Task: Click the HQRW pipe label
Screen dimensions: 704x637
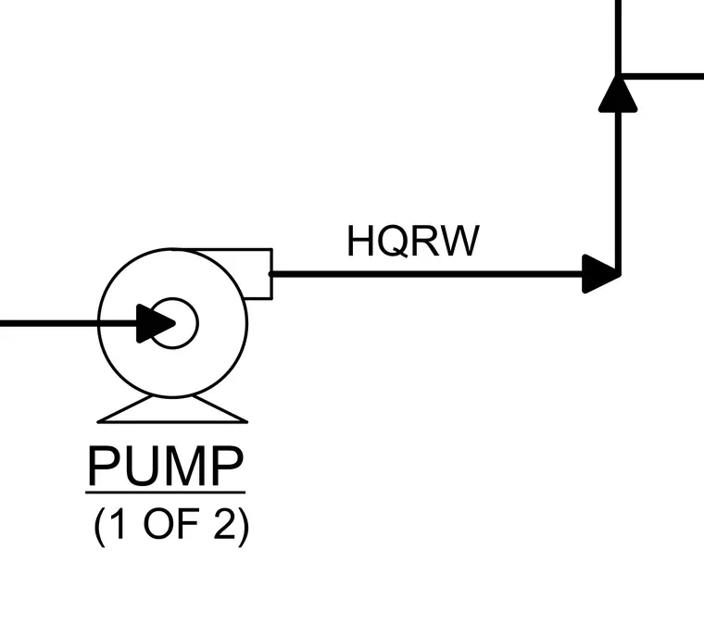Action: click(413, 241)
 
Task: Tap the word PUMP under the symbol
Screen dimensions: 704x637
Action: click(166, 466)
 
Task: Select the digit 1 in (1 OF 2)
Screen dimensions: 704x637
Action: click(118, 524)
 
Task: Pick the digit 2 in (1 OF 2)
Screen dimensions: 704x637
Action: click(224, 524)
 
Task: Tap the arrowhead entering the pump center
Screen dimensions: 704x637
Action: click(156, 323)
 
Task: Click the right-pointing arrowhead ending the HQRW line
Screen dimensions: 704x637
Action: click(601, 274)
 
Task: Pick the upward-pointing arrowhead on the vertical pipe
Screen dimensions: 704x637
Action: click(618, 94)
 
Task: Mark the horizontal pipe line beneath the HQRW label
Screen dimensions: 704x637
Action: click(426, 274)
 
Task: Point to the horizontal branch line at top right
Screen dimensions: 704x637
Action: click(660, 76)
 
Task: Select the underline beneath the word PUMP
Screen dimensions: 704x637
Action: click(165, 493)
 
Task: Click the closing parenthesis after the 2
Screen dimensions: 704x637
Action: click(244, 527)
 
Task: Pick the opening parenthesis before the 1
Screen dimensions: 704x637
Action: click(100, 527)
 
